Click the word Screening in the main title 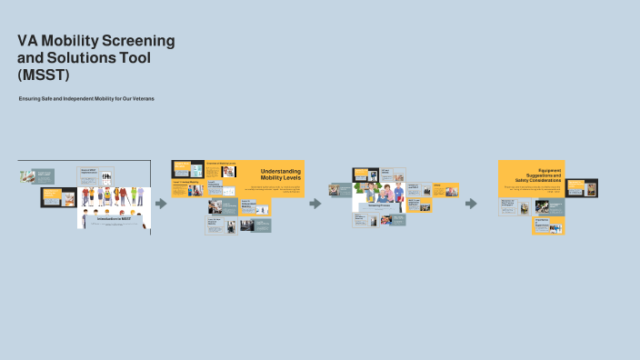(135, 41)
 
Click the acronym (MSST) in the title (42, 75)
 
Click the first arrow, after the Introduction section (161, 204)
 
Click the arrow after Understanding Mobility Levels (315, 204)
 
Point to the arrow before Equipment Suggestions (471, 204)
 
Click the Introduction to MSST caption (114, 219)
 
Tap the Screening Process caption (379, 205)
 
